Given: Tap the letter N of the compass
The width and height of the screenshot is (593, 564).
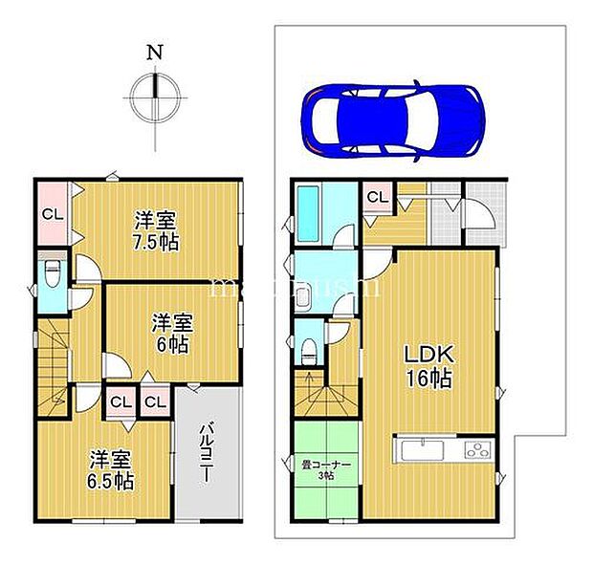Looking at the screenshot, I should tap(153, 54).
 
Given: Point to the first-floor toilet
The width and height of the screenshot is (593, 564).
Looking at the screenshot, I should tap(307, 348).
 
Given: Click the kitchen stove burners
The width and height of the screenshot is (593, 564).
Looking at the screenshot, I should tap(476, 450).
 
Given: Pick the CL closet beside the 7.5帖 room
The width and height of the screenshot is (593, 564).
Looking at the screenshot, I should tap(52, 214).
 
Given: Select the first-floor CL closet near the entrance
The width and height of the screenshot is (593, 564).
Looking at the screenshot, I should tap(377, 198).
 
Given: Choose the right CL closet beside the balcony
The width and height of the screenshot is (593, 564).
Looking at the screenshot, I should tap(155, 401).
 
